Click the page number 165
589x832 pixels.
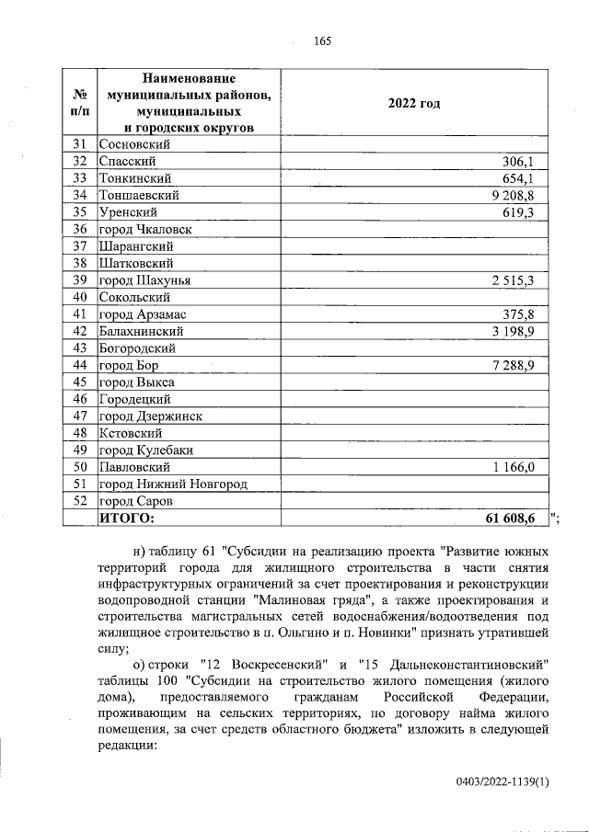[321, 40]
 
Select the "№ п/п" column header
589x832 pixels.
[79, 103]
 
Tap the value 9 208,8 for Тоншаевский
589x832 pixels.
[521, 195]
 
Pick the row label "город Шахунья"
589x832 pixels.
[144, 280]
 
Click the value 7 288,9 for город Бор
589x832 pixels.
[521, 365]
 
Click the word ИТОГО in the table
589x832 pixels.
[126, 519]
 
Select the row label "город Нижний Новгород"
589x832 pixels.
[173, 484]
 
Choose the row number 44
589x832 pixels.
[79, 365]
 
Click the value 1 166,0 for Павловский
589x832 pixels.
[521, 467]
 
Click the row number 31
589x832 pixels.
[79, 143]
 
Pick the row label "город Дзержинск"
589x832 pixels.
[151, 416]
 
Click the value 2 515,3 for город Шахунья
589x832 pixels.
[521, 280]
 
